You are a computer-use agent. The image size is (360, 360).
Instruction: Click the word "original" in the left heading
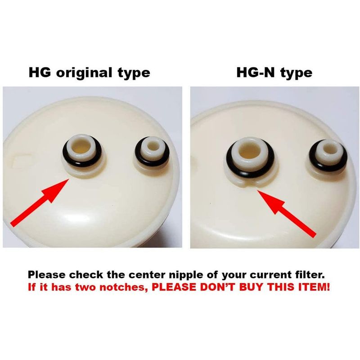click(84, 73)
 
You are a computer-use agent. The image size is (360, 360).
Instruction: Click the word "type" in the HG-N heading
click(296, 73)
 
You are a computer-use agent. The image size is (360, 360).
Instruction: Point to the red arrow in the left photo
click(40, 202)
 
